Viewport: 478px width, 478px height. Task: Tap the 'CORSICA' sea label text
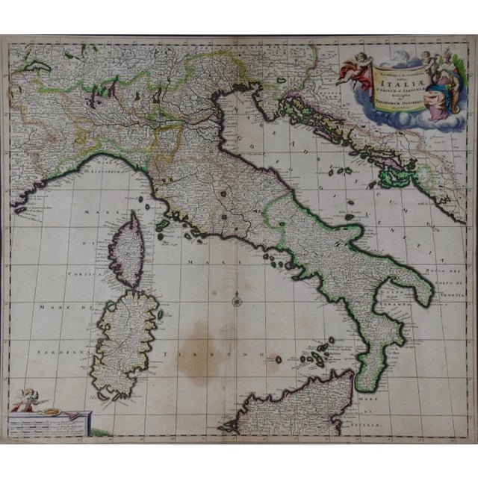(65, 276)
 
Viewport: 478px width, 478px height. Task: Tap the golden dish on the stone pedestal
(52, 410)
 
